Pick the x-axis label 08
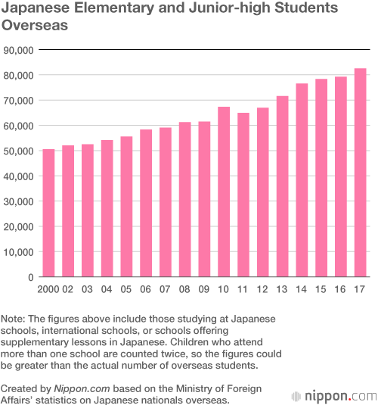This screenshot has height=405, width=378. click(x=184, y=290)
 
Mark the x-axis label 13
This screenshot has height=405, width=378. click(x=282, y=290)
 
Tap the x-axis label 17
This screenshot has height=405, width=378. click(x=361, y=290)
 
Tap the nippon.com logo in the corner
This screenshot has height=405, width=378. click(x=334, y=395)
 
